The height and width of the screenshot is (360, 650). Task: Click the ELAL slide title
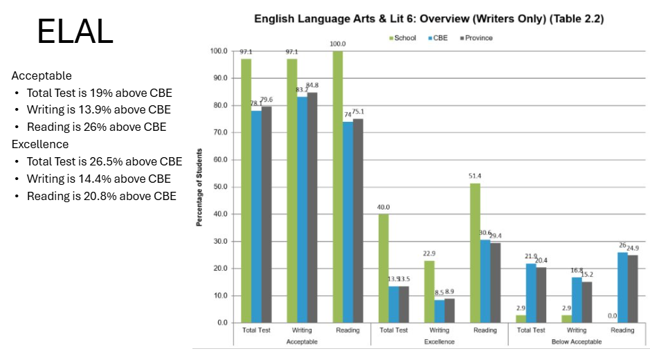point(75,32)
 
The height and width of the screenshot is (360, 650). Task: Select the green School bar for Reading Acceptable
point(338,187)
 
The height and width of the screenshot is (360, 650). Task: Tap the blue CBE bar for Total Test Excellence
point(394,305)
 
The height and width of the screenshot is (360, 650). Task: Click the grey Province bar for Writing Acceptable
point(312,208)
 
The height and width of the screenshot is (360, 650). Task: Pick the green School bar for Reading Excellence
point(474,253)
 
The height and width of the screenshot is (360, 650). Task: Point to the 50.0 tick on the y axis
point(219,187)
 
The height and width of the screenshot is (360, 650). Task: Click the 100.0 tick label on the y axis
point(218,51)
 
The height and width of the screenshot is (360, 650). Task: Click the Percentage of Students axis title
point(200,187)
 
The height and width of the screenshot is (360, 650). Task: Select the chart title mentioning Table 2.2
point(429,19)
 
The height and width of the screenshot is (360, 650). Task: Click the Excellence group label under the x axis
point(440,342)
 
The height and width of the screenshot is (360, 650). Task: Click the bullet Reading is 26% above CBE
point(96,127)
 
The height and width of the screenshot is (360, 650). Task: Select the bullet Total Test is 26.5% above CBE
point(104,161)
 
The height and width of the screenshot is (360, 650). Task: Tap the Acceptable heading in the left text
point(42,75)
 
